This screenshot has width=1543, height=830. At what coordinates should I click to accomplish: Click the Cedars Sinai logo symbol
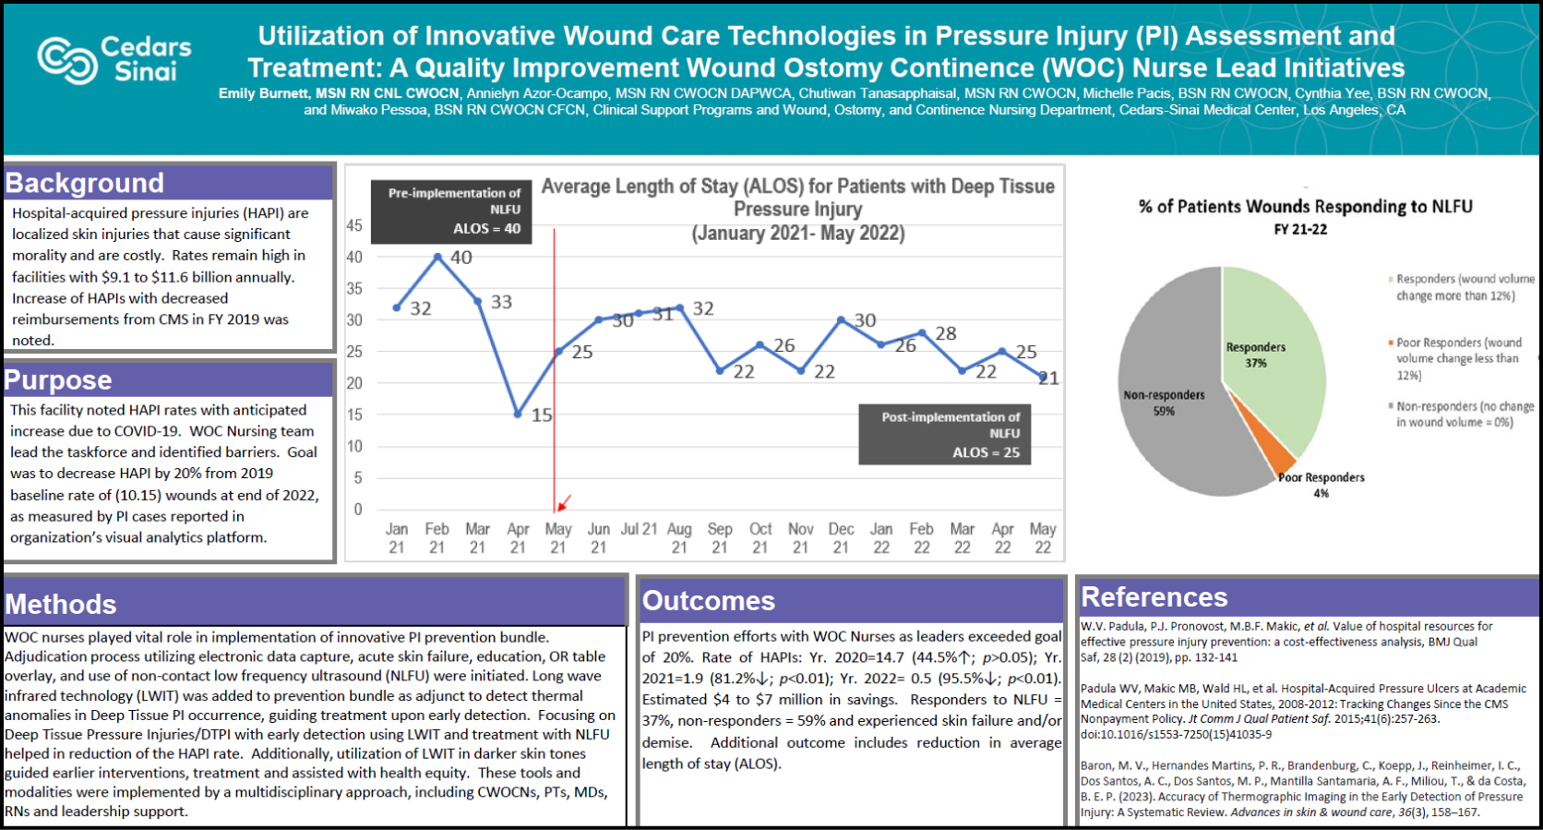[x=66, y=60]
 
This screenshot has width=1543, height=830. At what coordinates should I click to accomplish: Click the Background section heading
[x=85, y=183]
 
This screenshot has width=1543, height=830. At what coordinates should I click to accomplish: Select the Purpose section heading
[x=58, y=379]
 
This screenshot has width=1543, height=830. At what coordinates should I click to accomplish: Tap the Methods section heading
[x=61, y=604]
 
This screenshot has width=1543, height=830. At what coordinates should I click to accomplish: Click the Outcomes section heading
[x=708, y=600]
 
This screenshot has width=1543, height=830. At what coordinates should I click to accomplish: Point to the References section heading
[x=1154, y=596]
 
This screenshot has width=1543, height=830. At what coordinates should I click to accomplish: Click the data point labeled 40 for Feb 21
[x=437, y=257]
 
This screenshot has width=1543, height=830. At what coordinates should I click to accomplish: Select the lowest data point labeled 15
[x=518, y=414]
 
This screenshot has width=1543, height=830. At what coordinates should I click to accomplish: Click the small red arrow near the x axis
[x=564, y=503]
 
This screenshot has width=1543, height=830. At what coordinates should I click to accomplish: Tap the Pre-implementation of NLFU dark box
[x=451, y=211]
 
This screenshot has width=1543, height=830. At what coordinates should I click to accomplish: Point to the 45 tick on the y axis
[x=354, y=225]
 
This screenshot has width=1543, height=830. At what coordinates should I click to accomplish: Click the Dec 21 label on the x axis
[x=841, y=537]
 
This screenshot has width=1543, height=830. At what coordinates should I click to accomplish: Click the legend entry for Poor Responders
[x=1453, y=358]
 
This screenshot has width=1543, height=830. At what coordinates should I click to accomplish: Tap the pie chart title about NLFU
[x=1305, y=207]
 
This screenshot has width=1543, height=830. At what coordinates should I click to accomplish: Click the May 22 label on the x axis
[x=1043, y=537]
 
